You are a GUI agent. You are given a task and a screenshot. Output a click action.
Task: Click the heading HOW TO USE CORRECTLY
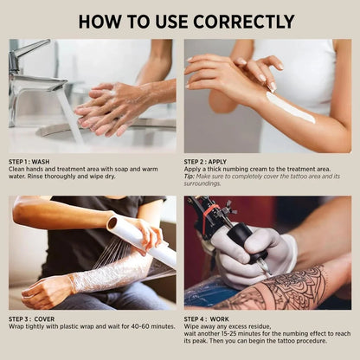click(180, 20)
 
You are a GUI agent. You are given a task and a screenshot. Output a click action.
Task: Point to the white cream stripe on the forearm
click(290, 107)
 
